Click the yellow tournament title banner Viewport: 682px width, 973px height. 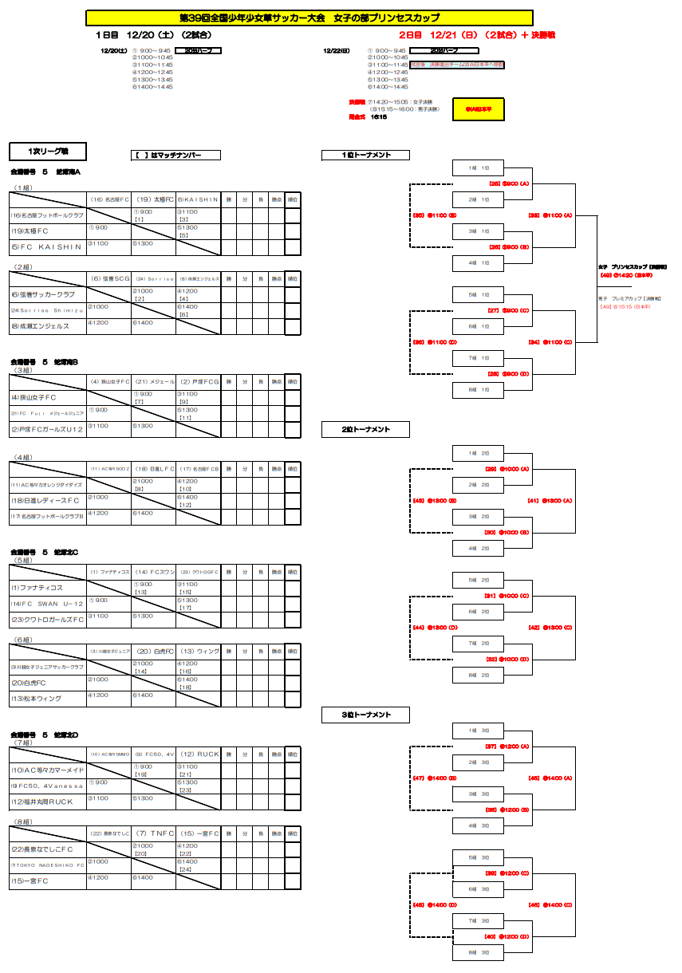309,18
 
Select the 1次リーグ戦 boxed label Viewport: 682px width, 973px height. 47,152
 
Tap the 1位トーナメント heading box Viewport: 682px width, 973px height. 365,156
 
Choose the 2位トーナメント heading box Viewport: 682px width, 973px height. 365,430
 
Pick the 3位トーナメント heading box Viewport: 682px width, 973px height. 365,715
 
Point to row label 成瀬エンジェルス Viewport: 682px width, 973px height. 40,326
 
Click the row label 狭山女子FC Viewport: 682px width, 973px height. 34,397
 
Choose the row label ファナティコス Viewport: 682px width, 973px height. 37,588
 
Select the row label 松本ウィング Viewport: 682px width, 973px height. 36,699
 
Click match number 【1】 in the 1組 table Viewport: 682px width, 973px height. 139,219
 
